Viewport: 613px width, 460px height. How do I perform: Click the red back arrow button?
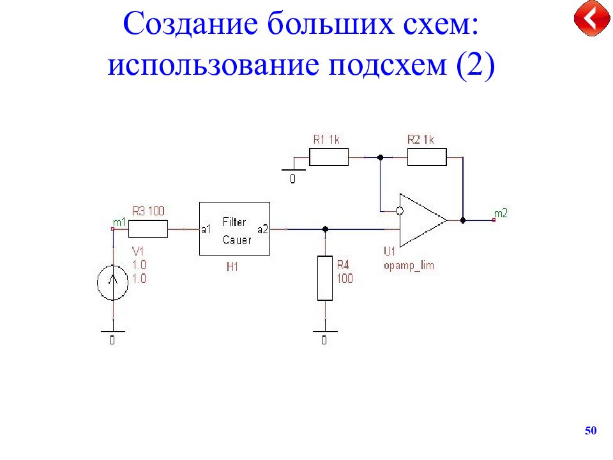(x=592, y=18)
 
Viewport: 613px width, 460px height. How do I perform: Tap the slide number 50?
(x=591, y=431)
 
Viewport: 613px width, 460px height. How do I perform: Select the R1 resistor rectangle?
(x=329, y=157)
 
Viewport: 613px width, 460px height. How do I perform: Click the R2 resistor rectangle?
(x=427, y=157)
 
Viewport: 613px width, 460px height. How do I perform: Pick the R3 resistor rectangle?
(x=148, y=229)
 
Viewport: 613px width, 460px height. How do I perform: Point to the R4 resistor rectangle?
(x=325, y=279)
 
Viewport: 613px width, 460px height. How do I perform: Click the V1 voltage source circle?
(x=112, y=282)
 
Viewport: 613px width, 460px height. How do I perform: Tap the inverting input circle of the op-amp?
(x=400, y=211)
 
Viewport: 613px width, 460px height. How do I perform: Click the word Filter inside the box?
(x=234, y=222)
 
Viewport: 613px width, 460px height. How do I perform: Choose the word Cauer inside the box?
(x=237, y=240)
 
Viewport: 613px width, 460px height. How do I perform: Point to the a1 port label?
(x=206, y=229)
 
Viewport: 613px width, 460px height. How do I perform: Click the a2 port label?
(x=262, y=229)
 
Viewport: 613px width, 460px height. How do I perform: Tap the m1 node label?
(x=119, y=222)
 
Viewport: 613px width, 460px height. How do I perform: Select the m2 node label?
(x=501, y=213)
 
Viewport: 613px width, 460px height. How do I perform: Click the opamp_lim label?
(x=409, y=266)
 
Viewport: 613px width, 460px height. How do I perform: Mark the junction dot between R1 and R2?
(x=380, y=157)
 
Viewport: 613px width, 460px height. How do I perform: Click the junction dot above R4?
(x=325, y=229)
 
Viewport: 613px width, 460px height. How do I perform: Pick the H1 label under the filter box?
(x=232, y=267)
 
